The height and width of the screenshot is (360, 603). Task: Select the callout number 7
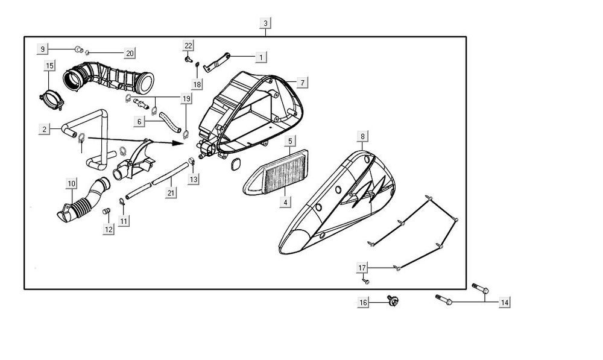point(302,81)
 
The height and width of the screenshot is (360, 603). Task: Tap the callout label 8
point(362,137)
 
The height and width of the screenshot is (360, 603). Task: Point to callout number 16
point(364,303)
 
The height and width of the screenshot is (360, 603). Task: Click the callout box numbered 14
point(505,303)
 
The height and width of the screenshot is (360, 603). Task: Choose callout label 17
point(362,267)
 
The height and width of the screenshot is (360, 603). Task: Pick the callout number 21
point(171,193)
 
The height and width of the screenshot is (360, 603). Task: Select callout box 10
point(71,183)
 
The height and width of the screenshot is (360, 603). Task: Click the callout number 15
point(49,65)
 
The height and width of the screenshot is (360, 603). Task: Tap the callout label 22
point(189,46)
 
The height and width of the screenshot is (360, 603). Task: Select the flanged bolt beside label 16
point(393,300)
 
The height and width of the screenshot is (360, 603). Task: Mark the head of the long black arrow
point(182,144)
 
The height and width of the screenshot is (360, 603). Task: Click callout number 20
point(130,53)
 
